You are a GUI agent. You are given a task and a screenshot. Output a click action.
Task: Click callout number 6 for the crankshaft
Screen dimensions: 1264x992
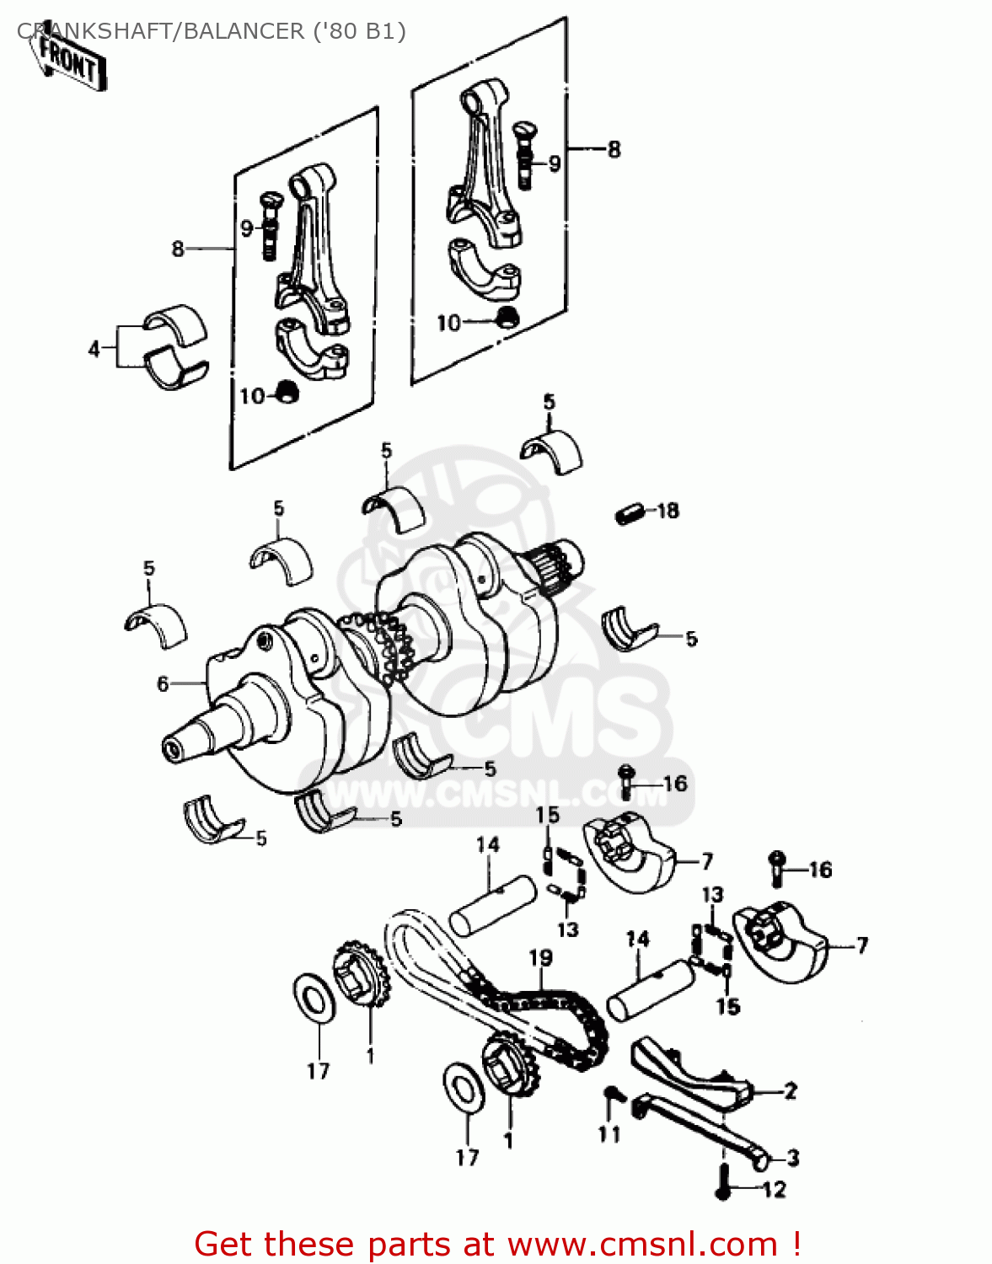163,684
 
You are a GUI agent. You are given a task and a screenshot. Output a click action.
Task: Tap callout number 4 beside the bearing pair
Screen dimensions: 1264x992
94,348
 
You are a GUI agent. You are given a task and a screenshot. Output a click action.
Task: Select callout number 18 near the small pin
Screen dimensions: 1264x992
668,511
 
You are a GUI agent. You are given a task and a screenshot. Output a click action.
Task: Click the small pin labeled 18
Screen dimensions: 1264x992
629,512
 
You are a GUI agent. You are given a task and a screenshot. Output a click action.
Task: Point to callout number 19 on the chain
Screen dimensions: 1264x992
540,958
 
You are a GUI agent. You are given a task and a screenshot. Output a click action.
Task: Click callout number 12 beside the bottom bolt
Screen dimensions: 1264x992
773,1189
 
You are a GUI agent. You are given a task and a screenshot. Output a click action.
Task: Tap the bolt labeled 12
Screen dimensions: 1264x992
722,1181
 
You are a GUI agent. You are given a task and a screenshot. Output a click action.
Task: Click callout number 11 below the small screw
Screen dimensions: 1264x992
609,1134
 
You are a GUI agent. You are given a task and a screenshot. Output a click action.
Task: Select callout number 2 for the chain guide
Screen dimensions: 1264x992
790,1091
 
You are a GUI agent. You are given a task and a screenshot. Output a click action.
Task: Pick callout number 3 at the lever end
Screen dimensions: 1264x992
792,1158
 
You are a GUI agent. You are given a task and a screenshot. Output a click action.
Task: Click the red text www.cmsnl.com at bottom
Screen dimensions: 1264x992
643,1244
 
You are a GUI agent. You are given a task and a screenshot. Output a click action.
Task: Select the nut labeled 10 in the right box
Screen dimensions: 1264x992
507,318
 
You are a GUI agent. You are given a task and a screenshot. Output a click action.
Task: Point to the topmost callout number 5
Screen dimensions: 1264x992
550,402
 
